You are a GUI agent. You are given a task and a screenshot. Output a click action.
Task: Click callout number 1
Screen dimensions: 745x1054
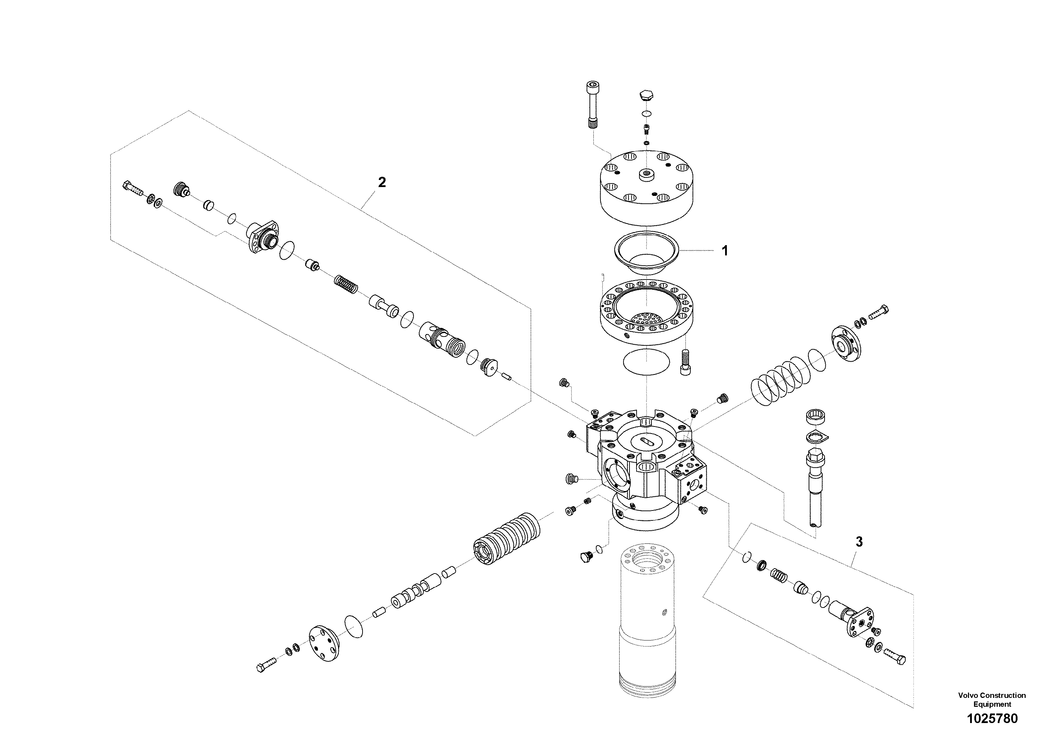click(725, 251)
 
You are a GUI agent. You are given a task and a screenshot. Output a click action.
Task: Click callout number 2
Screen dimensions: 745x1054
click(381, 182)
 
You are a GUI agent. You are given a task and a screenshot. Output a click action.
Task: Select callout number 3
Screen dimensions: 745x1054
click(859, 542)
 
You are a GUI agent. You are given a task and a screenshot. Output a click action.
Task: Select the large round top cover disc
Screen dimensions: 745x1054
click(646, 188)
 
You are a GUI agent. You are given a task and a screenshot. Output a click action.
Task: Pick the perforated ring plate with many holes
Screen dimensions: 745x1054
click(646, 312)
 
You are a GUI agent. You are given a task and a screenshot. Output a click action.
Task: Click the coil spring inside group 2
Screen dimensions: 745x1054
click(345, 284)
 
